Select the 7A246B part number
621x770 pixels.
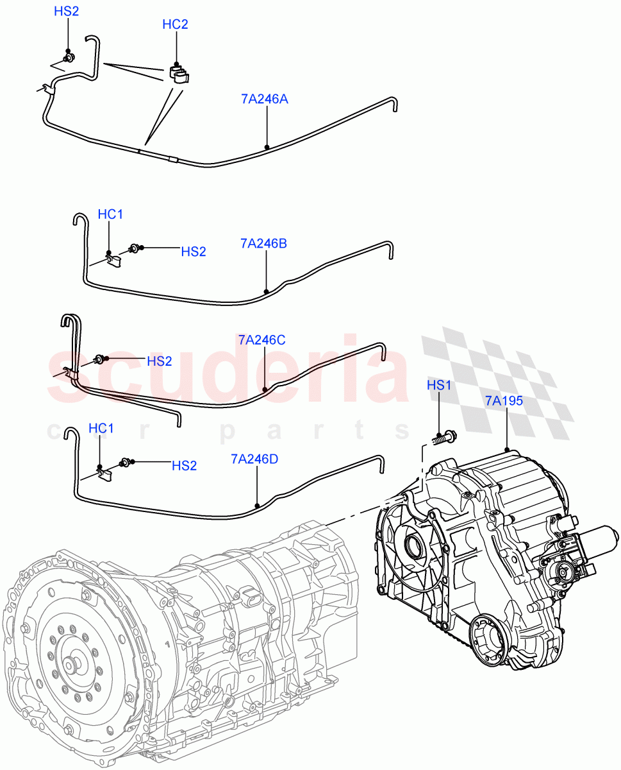[x=263, y=243]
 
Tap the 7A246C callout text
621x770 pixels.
[x=261, y=340]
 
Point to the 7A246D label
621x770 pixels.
[x=254, y=459]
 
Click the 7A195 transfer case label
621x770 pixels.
[x=504, y=401]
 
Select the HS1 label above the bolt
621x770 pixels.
[x=440, y=385]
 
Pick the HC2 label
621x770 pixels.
[x=175, y=24]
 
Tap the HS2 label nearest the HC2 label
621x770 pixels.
[x=66, y=12]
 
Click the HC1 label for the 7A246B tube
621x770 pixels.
[x=110, y=214]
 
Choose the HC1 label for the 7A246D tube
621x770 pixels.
[x=101, y=428]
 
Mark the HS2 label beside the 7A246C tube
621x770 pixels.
[x=160, y=361]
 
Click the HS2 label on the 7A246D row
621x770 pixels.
[x=184, y=466]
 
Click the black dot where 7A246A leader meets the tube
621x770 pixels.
[x=267, y=147]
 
